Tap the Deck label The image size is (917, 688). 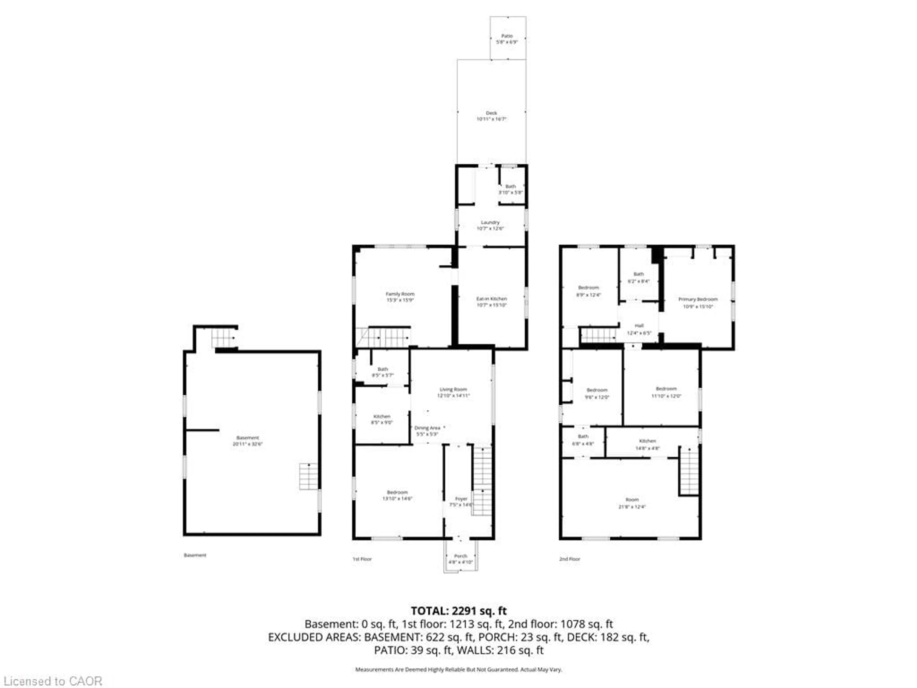(x=491, y=113)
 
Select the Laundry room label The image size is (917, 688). (x=490, y=222)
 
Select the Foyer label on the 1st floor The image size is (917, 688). (x=461, y=499)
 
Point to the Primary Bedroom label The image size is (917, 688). (x=698, y=299)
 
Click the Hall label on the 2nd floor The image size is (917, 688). (x=639, y=326)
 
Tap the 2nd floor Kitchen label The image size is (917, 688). (x=647, y=441)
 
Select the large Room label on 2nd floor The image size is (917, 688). (x=632, y=500)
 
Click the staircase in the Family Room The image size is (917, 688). (x=384, y=337)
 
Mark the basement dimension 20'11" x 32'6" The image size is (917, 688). (x=247, y=444)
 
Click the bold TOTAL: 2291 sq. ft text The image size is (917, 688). (x=458, y=611)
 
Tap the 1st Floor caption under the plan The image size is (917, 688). (x=362, y=559)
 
